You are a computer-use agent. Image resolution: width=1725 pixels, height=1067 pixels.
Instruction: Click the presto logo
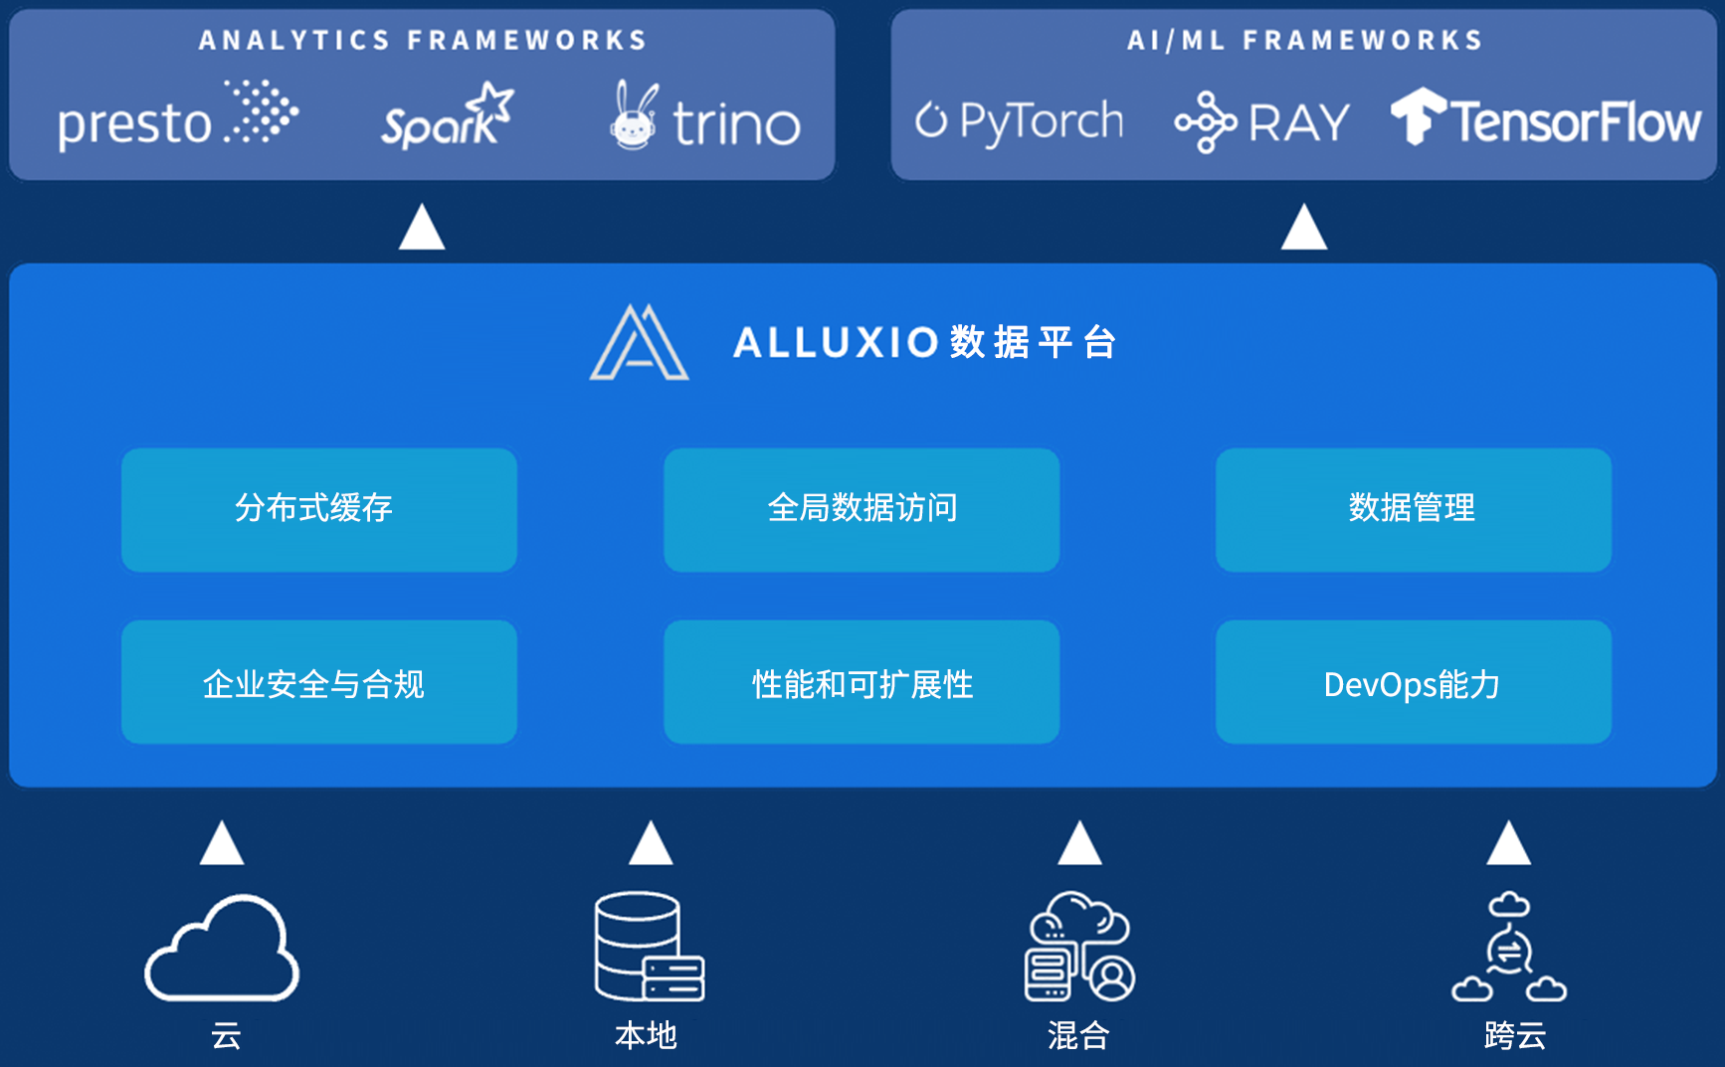coord(178,115)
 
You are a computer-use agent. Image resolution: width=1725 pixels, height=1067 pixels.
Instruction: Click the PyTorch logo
coord(1019,121)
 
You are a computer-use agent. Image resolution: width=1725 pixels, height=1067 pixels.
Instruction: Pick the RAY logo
coord(1261,122)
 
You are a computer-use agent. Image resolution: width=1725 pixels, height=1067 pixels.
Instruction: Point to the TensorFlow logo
coord(1546,118)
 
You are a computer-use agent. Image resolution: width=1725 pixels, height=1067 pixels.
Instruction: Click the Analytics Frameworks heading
coord(423,41)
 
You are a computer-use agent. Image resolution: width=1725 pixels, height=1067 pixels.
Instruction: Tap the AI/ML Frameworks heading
coord(1304,41)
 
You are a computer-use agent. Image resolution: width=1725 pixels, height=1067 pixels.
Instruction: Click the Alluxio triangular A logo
coord(639,342)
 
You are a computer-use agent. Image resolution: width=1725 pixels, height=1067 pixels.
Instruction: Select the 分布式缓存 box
coord(319,509)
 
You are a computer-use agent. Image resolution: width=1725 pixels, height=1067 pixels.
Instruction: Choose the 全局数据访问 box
coord(862,509)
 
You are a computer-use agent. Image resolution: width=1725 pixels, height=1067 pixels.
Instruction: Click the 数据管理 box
coord(1414,509)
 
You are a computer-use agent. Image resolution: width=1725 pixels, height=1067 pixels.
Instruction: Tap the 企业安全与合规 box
coord(319,682)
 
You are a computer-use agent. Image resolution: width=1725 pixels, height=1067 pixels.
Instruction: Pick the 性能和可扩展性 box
coord(862,682)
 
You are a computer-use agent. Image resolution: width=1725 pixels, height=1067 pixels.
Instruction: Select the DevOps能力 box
coord(1414,682)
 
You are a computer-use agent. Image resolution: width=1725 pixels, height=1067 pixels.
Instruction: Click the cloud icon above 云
coord(222,948)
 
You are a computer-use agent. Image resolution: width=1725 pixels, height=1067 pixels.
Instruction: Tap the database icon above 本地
coord(650,946)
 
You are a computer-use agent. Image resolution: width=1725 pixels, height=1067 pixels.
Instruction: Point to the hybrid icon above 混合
coord(1079,946)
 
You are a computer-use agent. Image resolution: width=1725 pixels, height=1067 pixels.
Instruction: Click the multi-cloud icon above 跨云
coord(1509,946)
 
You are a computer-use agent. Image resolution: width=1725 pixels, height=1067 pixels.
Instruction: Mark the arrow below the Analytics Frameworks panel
coord(422,227)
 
